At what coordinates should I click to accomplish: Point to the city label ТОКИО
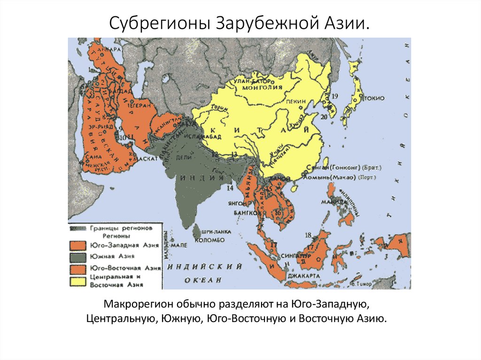pos(374,98)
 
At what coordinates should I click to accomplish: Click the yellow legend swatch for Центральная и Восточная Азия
pos(78,281)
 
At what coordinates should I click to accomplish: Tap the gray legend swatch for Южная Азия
pos(78,256)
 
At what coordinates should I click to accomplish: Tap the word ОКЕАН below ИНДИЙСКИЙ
pos(205,280)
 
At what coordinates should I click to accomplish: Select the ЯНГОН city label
pos(237,203)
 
